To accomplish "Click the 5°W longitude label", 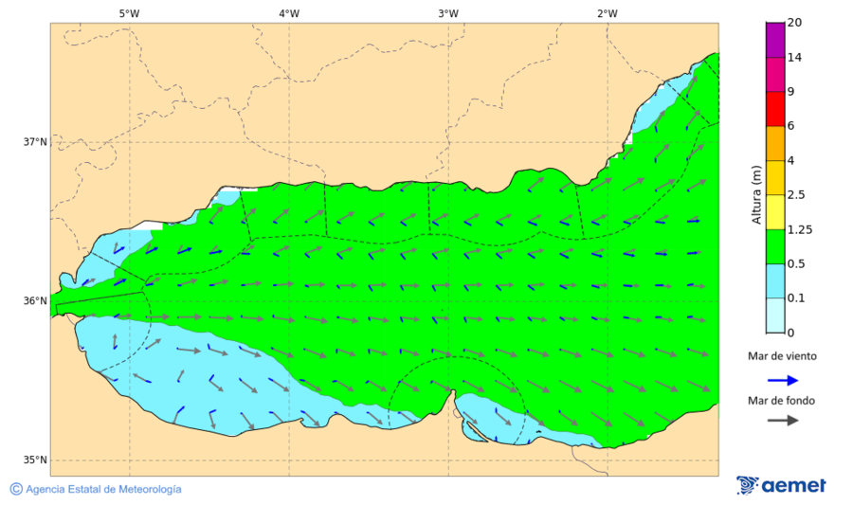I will [x=129, y=13].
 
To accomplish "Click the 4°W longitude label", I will [x=289, y=13].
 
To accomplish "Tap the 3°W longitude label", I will [x=448, y=13].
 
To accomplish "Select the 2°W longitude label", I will [x=608, y=13].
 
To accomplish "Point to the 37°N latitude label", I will [x=35, y=142].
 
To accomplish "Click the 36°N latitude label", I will [x=35, y=301].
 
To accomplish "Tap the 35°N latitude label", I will [x=35, y=460].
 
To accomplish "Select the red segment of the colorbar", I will [x=775, y=109].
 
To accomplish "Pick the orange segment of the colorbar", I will [x=775, y=143].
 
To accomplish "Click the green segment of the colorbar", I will [x=775, y=246].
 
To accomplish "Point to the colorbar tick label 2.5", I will [x=796, y=195].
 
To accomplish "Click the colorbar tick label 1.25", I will [x=799, y=229].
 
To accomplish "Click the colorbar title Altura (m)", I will [x=756, y=194].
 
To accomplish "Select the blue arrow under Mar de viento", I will [x=780, y=378].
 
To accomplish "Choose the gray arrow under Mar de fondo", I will [x=780, y=421].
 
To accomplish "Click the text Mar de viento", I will [x=781, y=356].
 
